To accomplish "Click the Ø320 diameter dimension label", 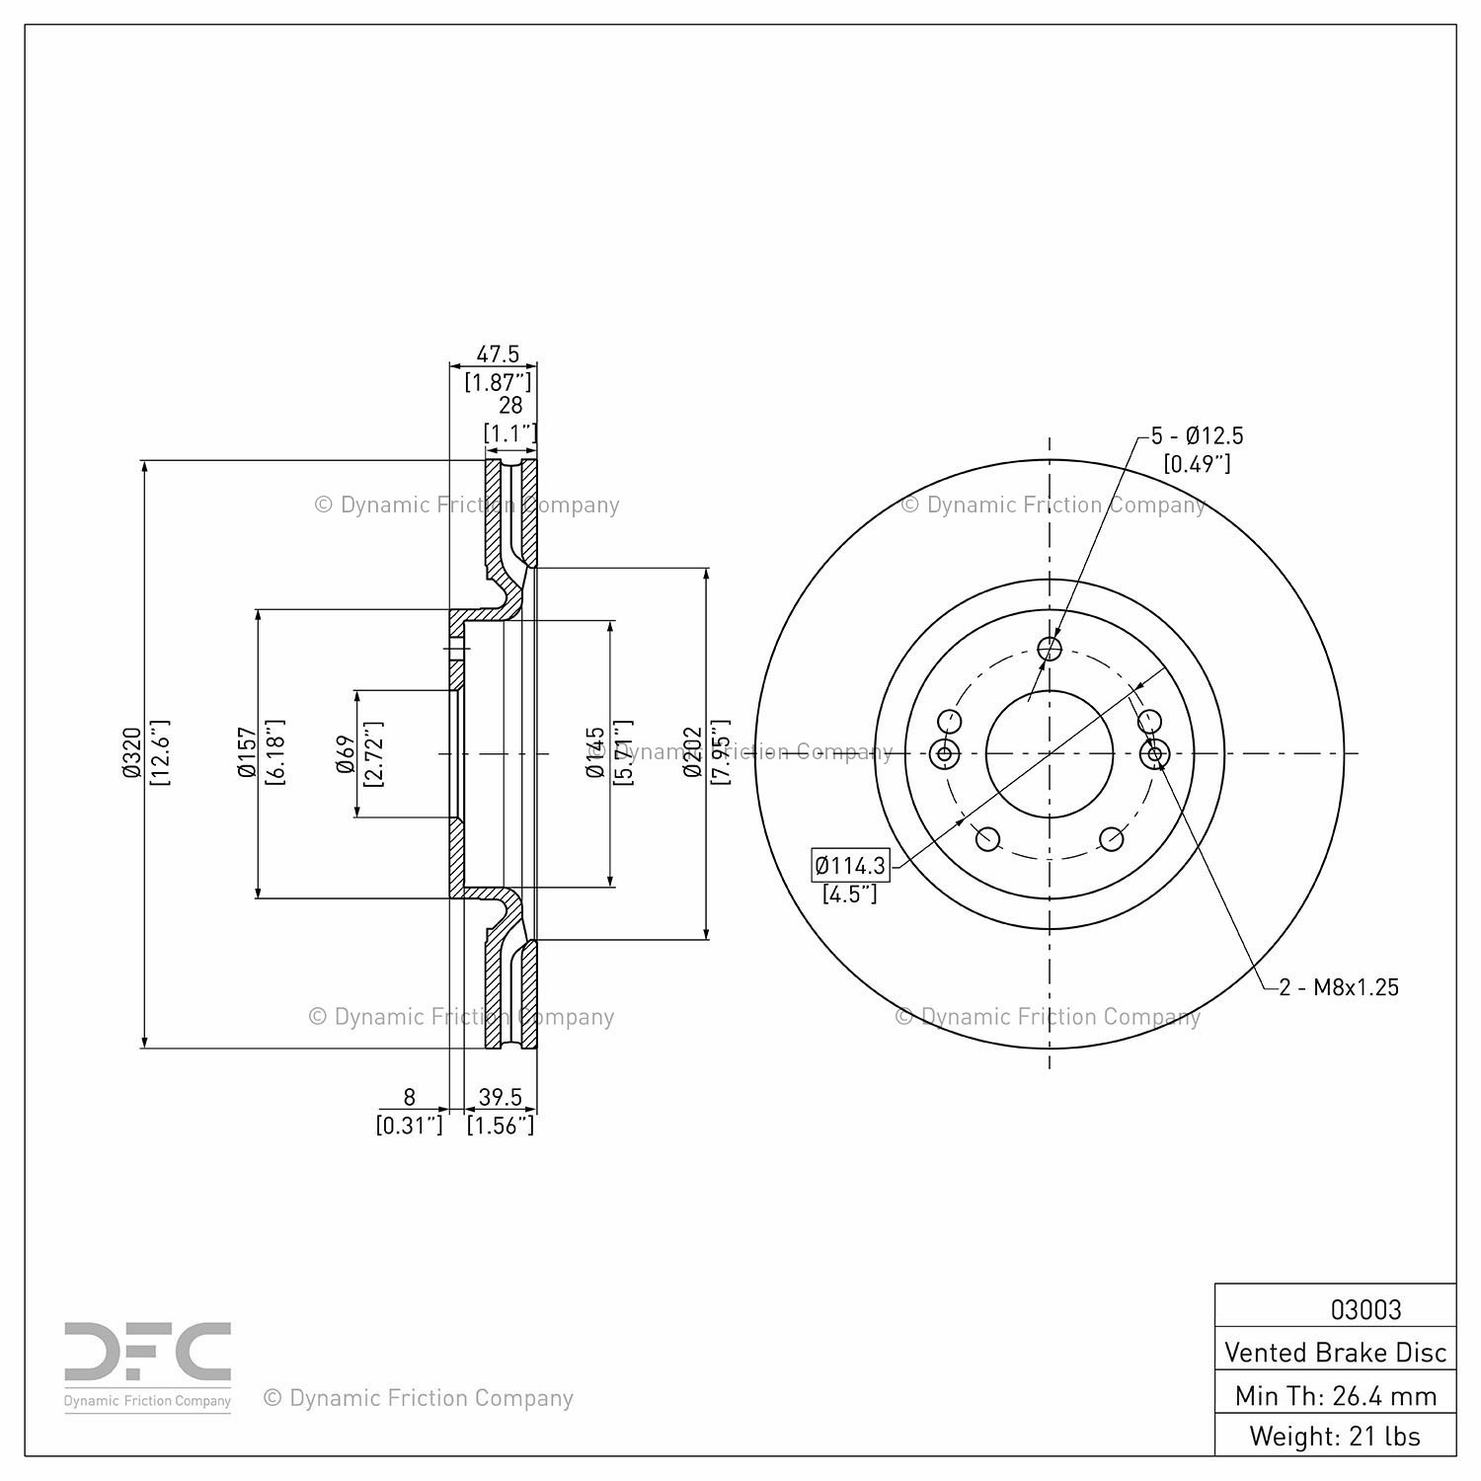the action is (131, 752).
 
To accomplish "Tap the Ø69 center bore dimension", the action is (346, 753).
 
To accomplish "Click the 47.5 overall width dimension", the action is (498, 354).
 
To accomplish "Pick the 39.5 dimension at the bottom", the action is (500, 1097).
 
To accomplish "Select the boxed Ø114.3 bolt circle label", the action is (850, 866).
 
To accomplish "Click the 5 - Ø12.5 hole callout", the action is (1198, 435).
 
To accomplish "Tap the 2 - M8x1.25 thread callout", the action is (1339, 987).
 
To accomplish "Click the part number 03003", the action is (1365, 1309).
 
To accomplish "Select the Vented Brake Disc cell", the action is (1335, 1352).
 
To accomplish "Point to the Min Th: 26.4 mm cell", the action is (1335, 1395).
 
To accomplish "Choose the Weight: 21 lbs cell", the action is (1335, 1436).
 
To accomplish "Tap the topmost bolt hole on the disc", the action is (1050, 648).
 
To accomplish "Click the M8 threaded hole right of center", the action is (1154, 754).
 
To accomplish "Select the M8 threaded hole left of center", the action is (945, 754).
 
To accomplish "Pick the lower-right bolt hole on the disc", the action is (1112, 839).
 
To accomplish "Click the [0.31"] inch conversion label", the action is (410, 1125).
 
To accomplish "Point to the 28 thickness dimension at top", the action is (510, 406).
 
